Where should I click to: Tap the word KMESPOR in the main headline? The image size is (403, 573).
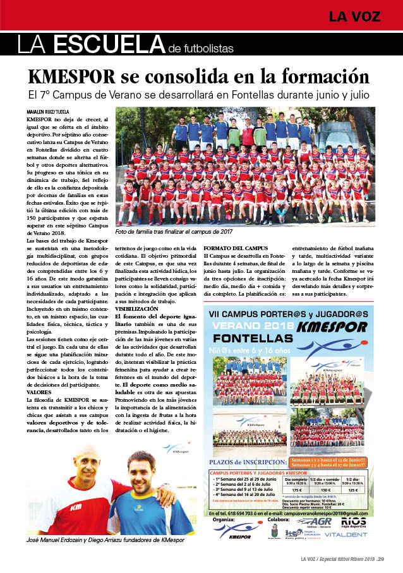[71, 76]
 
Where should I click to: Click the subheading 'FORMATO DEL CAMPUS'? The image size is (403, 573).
[234, 247]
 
